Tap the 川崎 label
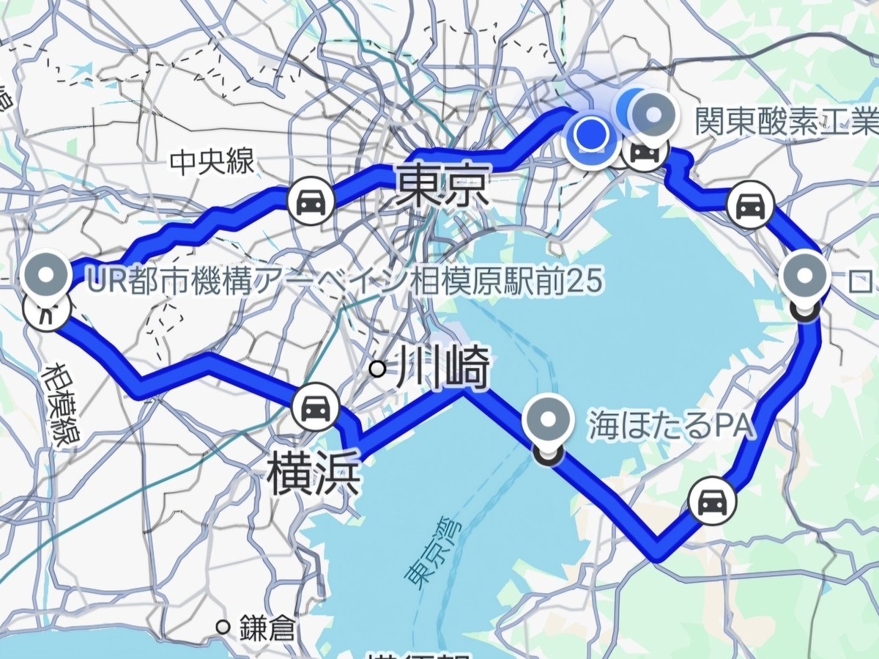coord(441,369)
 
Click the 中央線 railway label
coord(212,163)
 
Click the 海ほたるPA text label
coord(671,426)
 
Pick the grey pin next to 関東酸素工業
coord(652,113)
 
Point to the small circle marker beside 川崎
coord(378,369)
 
